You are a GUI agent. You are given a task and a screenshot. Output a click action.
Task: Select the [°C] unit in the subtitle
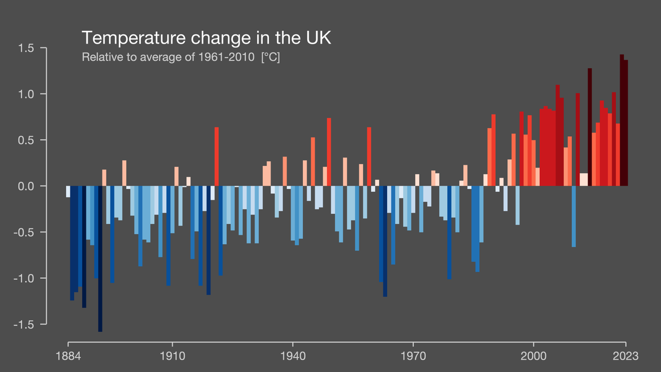(270, 57)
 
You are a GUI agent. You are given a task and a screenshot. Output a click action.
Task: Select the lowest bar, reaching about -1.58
(100, 259)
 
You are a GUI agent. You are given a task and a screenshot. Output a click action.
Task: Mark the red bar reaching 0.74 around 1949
(329, 152)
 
